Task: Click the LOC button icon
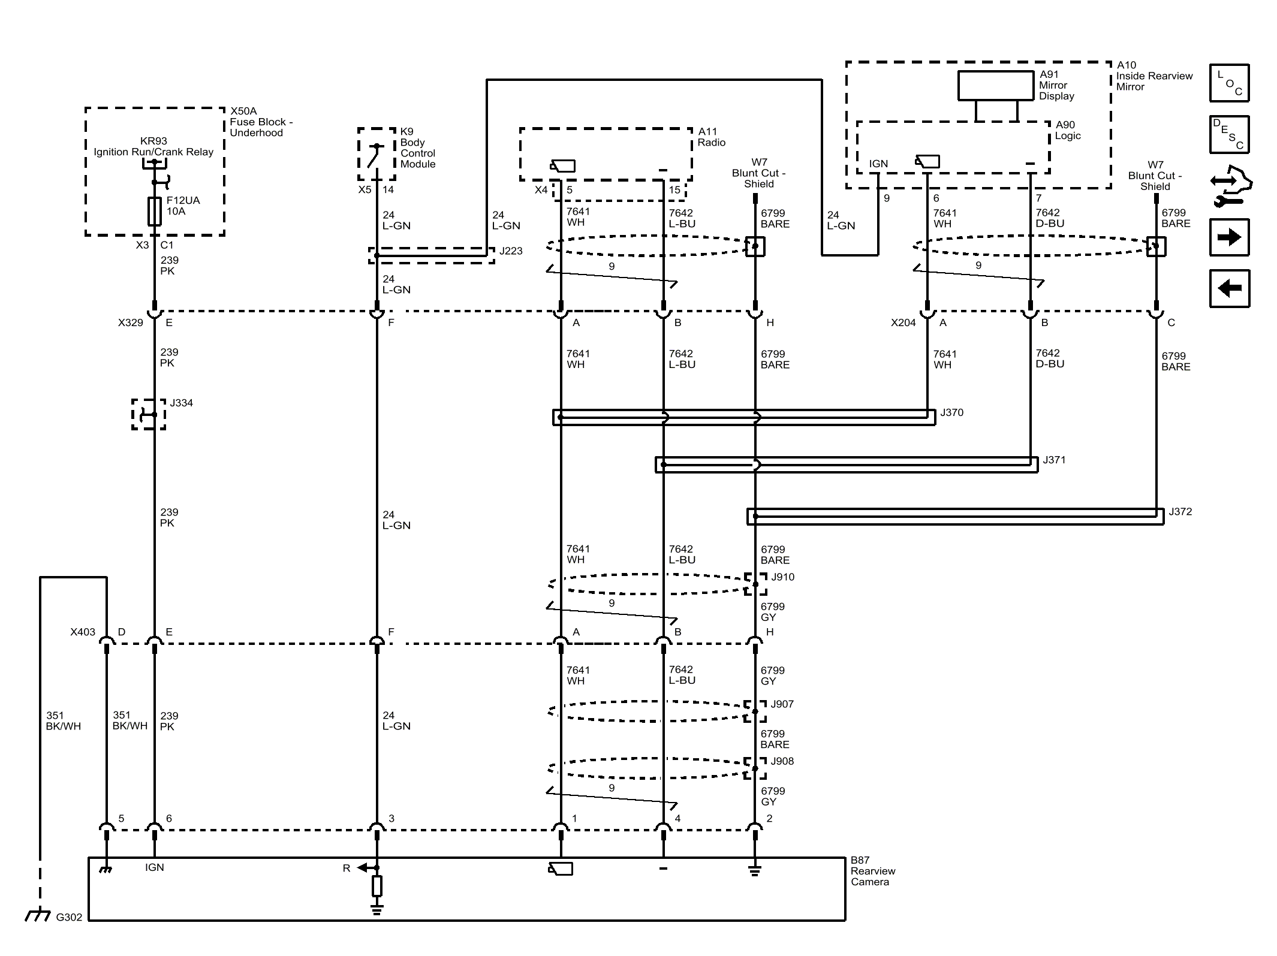click(1229, 83)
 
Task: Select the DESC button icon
click(1229, 134)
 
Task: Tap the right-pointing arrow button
click(1229, 237)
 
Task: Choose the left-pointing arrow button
click(1229, 288)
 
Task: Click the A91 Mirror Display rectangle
click(995, 86)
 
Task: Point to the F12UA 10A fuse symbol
click(155, 211)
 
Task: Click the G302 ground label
click(69, 917)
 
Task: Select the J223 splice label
click(511, 251)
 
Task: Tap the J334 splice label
click(181, 403)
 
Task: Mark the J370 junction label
click(951, 412)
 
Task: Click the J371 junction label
click(1054, 460)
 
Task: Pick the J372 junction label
click(1180, 511)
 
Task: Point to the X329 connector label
click(131, 322)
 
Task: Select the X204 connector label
click(903, 322)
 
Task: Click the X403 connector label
click(83, 632)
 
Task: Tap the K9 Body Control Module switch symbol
click(376, 155)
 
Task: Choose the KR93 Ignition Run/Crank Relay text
click(153, 147)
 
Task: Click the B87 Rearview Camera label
click(872, 871)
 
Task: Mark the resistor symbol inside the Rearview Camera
click(377, 886)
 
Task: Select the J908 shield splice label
click(782, 761)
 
